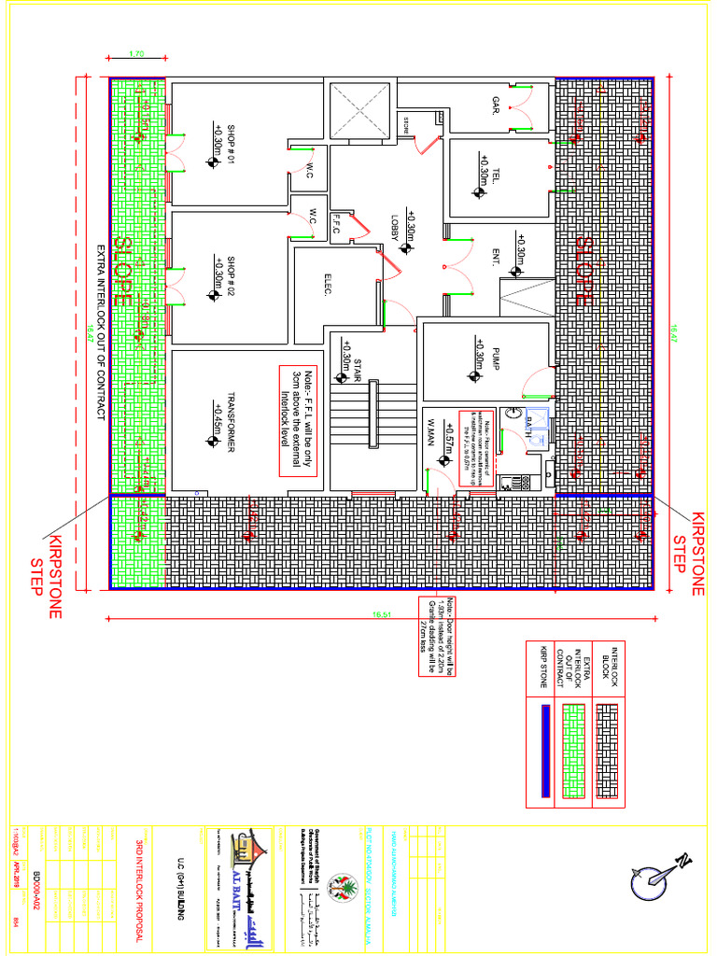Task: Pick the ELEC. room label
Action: [329, 285]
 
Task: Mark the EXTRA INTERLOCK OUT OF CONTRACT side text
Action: [102, 326]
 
